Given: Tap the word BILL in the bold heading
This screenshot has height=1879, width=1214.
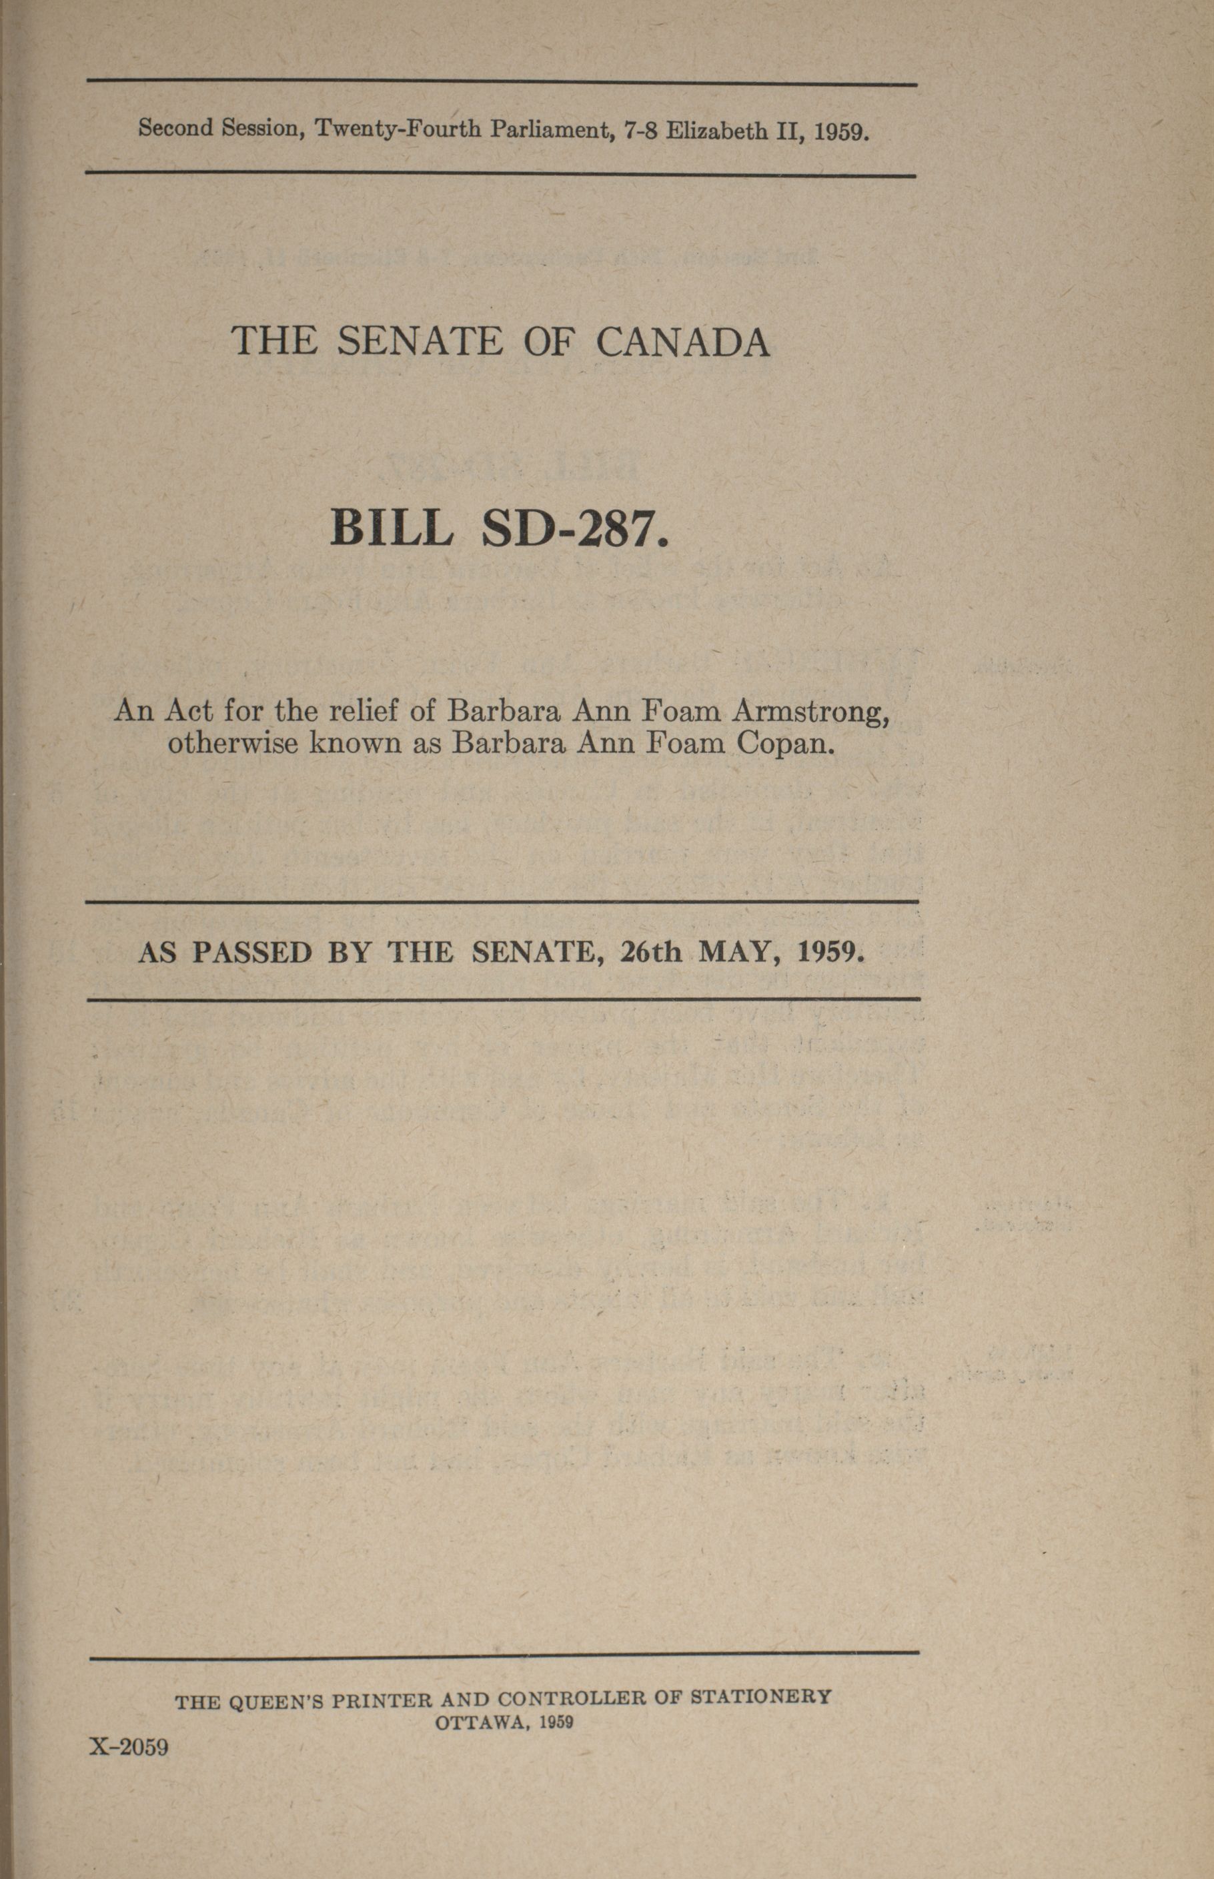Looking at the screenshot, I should point(392,528).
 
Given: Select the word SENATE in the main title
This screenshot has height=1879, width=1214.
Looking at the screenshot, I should point(420,342).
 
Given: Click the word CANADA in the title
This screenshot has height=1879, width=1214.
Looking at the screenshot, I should point(682,343).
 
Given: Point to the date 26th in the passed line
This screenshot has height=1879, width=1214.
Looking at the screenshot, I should point(650,953).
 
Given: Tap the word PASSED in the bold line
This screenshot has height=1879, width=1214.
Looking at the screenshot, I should point(252,953).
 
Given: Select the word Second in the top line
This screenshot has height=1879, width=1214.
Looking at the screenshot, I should point(176,127).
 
